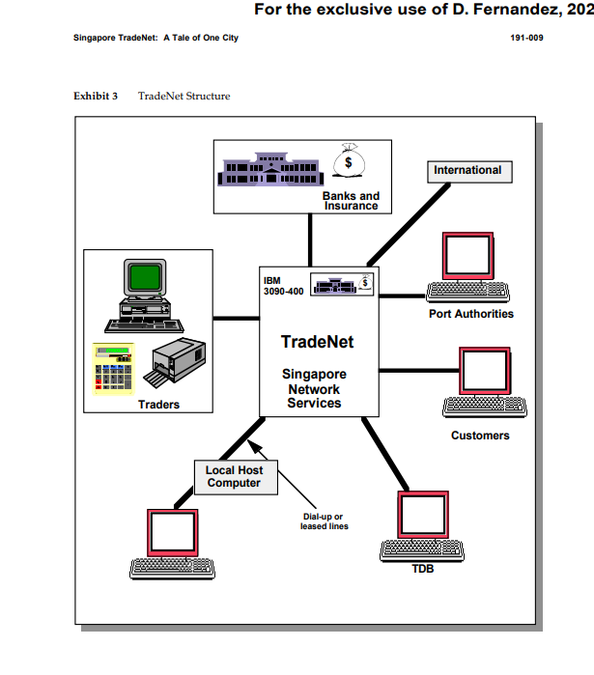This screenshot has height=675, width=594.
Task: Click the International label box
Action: coord(467,171)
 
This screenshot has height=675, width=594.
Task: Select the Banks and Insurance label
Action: coord(352,201)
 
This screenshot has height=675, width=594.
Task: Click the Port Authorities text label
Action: coord(471,314)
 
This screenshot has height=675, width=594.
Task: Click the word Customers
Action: coord(480,436)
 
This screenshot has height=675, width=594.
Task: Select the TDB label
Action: coord(422,569)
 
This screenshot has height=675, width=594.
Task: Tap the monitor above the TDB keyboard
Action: coord(422,516)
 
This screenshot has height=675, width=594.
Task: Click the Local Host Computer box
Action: coord(234,477)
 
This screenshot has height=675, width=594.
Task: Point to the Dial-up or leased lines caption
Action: coord(324,521)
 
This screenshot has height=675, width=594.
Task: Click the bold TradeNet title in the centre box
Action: coord(317,342)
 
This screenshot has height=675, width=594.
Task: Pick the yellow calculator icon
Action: coord(115,368)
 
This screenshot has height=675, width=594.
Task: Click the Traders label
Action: coord(158,405)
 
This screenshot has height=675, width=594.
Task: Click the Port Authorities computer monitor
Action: coord(467,255)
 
